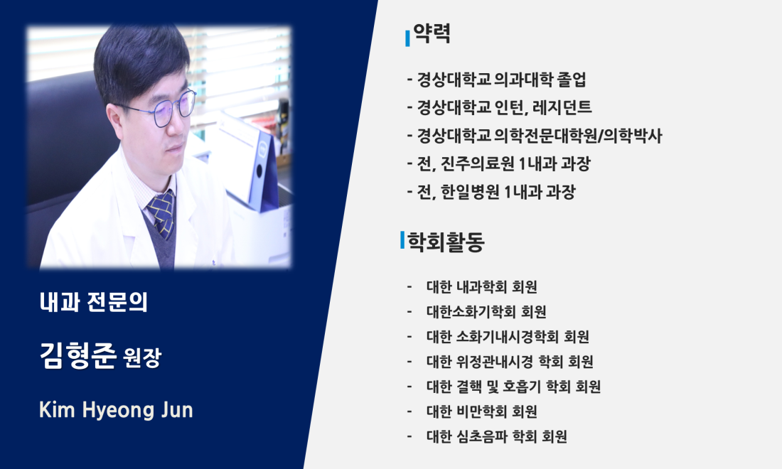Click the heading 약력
point(432,33)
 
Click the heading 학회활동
point(446,242)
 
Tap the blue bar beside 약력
point(407,38)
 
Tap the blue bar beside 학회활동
point(402,239)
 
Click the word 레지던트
point(562,107)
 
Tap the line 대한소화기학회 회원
point(486,312)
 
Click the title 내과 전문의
point(94,302)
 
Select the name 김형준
point(77,355)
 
